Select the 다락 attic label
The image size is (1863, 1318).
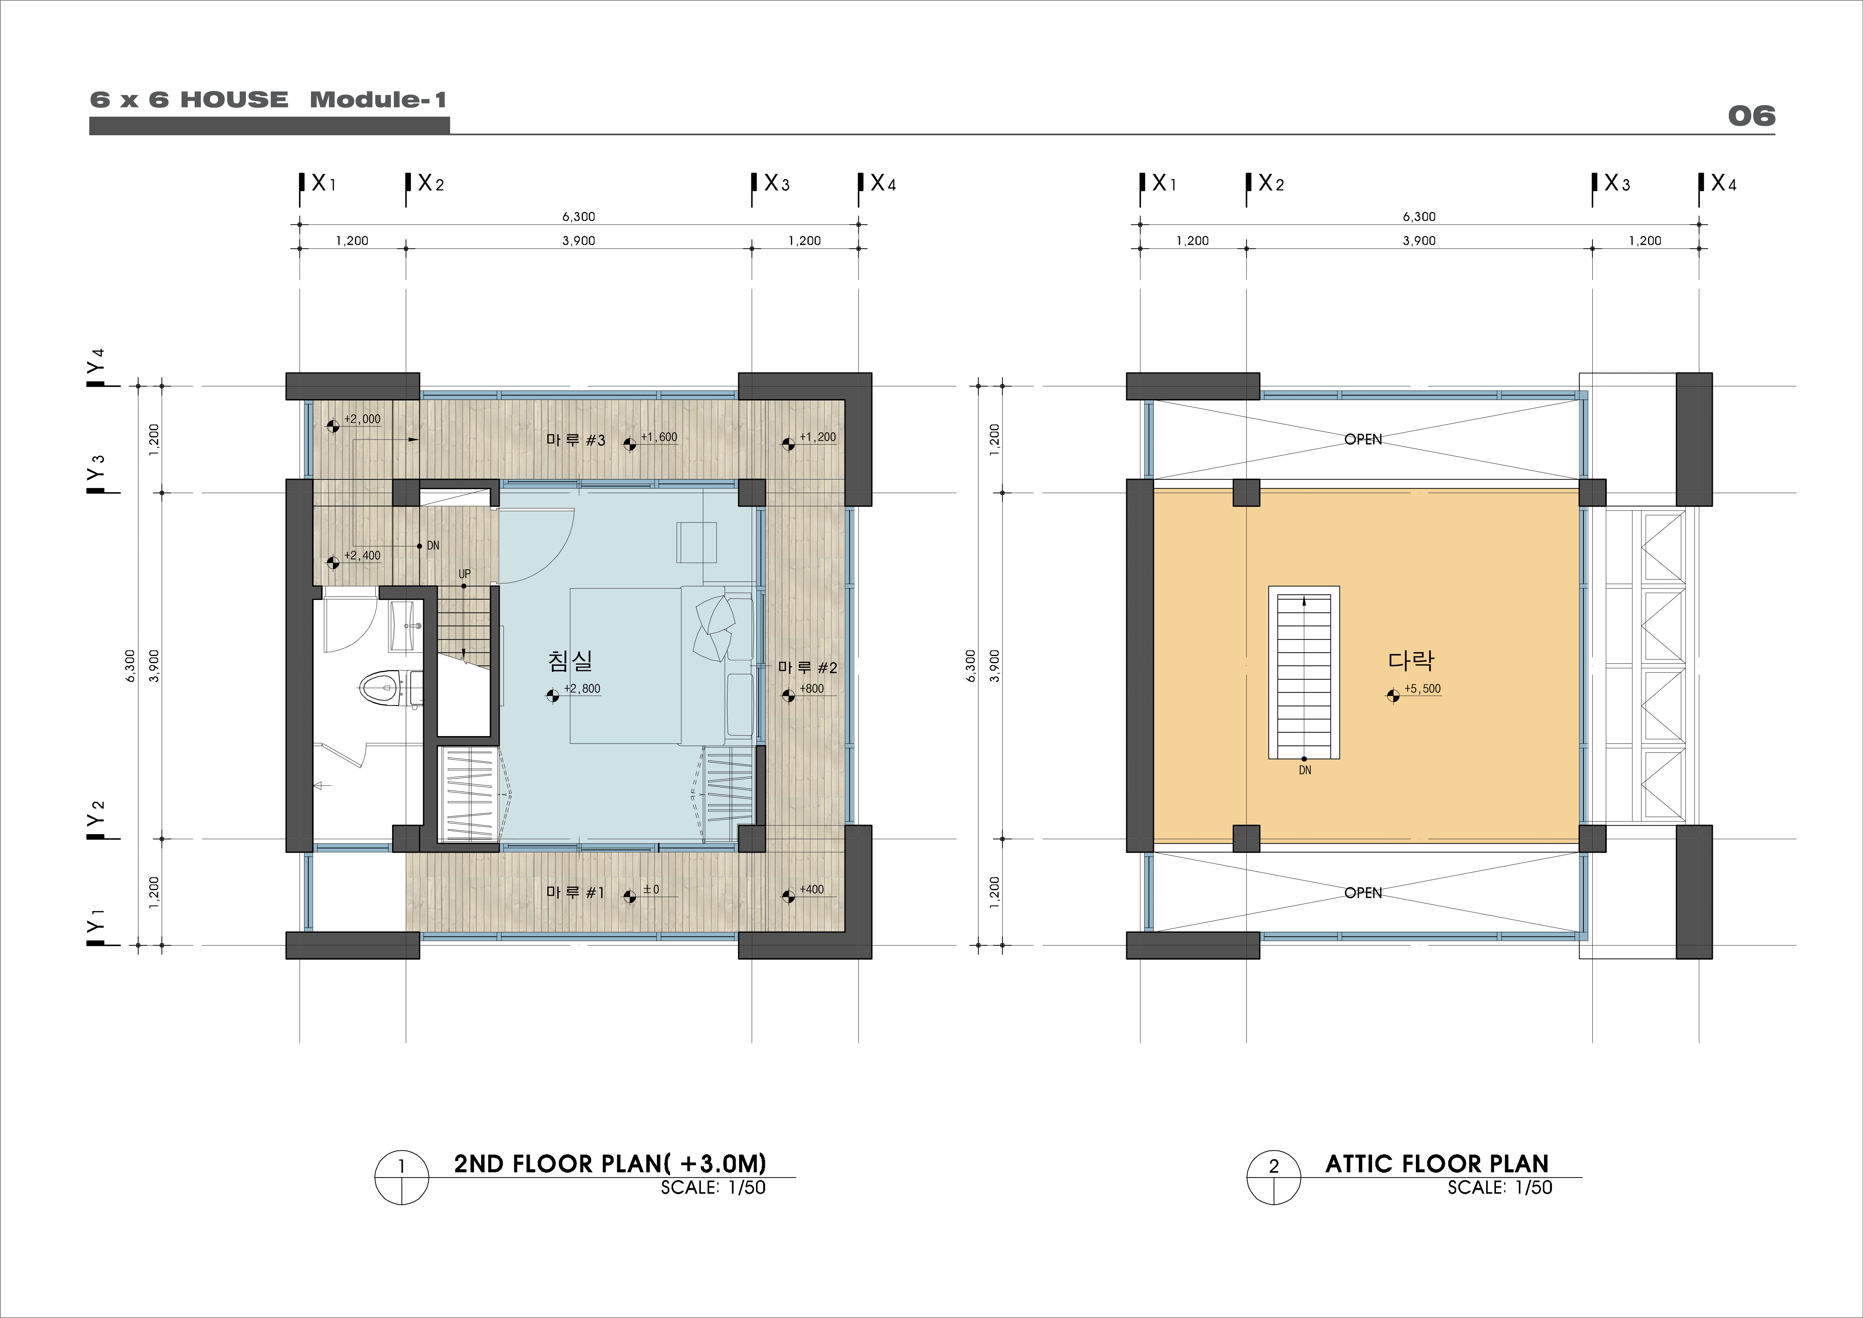point(1411,661)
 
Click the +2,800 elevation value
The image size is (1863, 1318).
point(583,689)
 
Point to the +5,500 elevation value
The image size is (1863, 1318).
point(1422,689)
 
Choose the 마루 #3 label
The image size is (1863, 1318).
point(575,440)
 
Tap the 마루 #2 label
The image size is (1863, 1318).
point(807,667)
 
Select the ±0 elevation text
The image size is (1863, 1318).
point(651,889)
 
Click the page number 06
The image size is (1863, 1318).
point(1751,116)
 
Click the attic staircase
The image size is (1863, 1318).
point(1304,673)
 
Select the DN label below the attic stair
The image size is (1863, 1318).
point(1305,770)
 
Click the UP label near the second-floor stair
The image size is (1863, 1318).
point(464,574)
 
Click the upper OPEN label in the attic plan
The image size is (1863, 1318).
point(1363,439)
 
